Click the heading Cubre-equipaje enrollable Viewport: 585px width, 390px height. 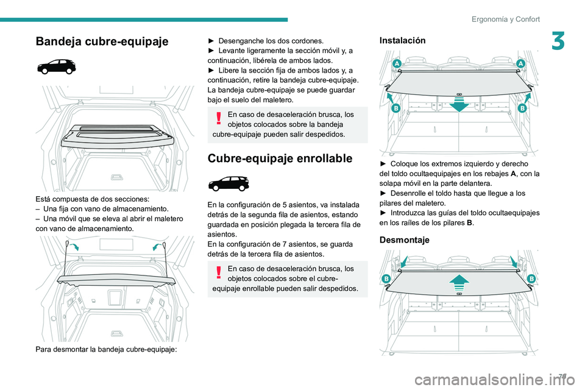tap(280, 158)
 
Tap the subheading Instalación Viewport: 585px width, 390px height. tap(402, 40)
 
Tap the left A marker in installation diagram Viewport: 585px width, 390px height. tap(397, 65)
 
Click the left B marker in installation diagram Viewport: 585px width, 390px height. tap(395, 108)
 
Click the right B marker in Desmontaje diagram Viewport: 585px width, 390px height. tap(531, 278)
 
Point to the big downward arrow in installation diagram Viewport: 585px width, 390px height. tap(459, 103)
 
